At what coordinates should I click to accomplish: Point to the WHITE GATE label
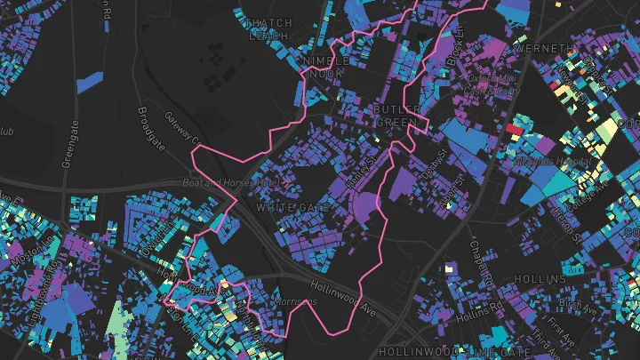292,207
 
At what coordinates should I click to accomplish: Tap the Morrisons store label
295,301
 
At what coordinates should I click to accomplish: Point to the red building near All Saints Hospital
514,130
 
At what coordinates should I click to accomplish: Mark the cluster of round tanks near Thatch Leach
214,76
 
